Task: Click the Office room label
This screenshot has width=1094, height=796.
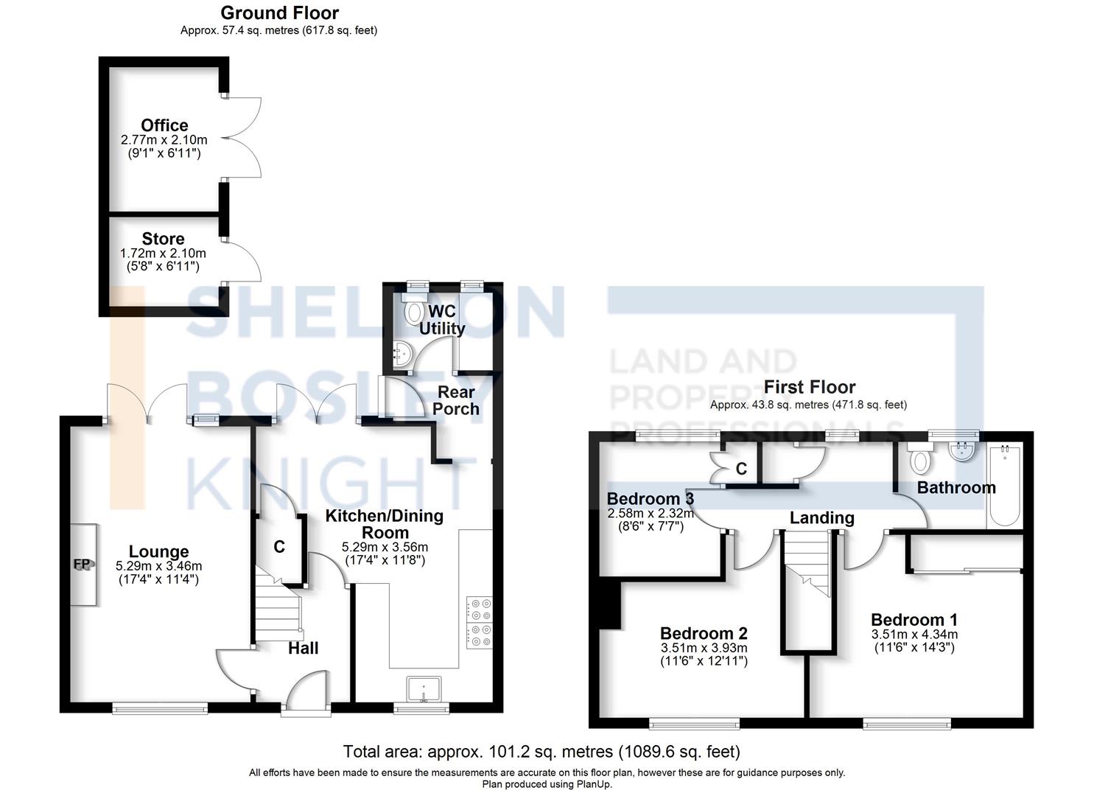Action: (x=164, y=125)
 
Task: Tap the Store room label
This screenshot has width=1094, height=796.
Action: (x=163, y=239)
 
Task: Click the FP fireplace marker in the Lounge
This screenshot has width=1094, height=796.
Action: (x=82, y=565)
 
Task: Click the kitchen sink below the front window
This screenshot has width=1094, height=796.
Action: (x=424, y=689)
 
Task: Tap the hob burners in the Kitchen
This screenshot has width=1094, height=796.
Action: (x=480, y=623)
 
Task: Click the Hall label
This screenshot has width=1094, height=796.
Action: (x=303, y=648)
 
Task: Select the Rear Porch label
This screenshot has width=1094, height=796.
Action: (x=456, y=400)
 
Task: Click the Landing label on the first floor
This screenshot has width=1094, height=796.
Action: (x=821, y=518)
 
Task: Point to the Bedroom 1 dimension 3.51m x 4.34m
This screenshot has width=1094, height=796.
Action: (x=914, y=635)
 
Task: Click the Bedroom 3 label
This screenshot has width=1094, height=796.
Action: (x=650, y=499)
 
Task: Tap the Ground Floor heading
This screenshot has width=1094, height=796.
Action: (x=279, y=13)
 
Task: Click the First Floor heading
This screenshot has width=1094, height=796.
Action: (x=809, y=387)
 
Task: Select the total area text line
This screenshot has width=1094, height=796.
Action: (x=541, y=752)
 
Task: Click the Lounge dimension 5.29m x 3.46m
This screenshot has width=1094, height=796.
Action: (x=158, y=566)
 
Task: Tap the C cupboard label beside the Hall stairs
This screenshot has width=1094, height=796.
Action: (x=279, y=547)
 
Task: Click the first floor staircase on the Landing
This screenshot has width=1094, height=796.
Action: (x=808, y=564)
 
